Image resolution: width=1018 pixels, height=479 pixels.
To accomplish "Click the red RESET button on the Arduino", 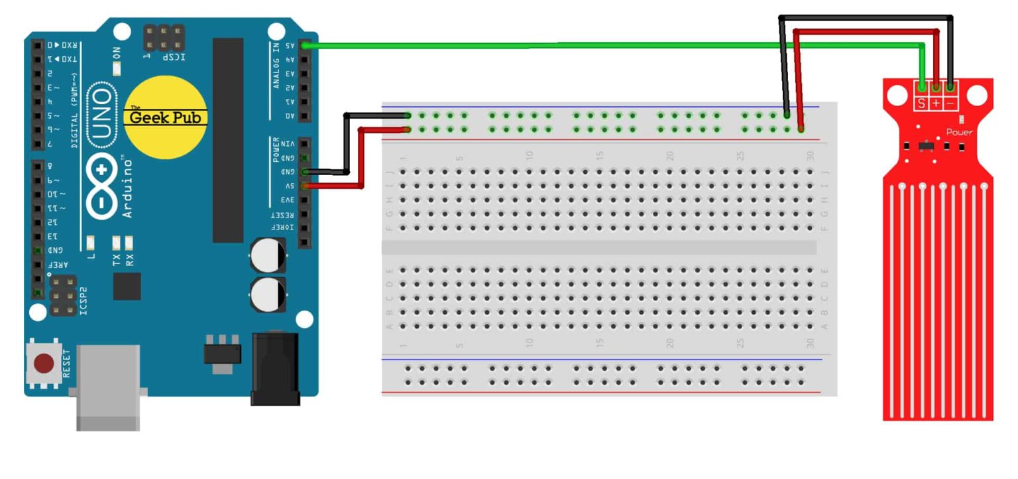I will (x=44, y=363).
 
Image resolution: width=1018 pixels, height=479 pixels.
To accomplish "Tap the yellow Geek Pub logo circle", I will (x=167, y=117).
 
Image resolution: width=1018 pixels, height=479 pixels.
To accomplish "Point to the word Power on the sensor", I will (x=960, y=132).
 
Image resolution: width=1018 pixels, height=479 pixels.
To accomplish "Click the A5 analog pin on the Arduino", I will (x=305, y=46).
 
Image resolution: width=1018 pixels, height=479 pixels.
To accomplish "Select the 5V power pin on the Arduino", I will (x=305, y=186).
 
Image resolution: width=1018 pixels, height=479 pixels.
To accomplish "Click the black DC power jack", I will (x=275, y=369).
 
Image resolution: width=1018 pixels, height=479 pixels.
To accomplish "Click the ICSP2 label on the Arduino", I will (x=84, y=300).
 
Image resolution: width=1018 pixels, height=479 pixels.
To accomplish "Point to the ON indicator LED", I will (x=117, y=67).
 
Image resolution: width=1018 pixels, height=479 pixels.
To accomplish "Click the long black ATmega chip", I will (x=228, y=139).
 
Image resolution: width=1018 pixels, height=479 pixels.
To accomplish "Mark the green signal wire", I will (x=530, y=46).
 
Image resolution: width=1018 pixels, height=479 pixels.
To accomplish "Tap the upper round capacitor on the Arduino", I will (x=268, y=255).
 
